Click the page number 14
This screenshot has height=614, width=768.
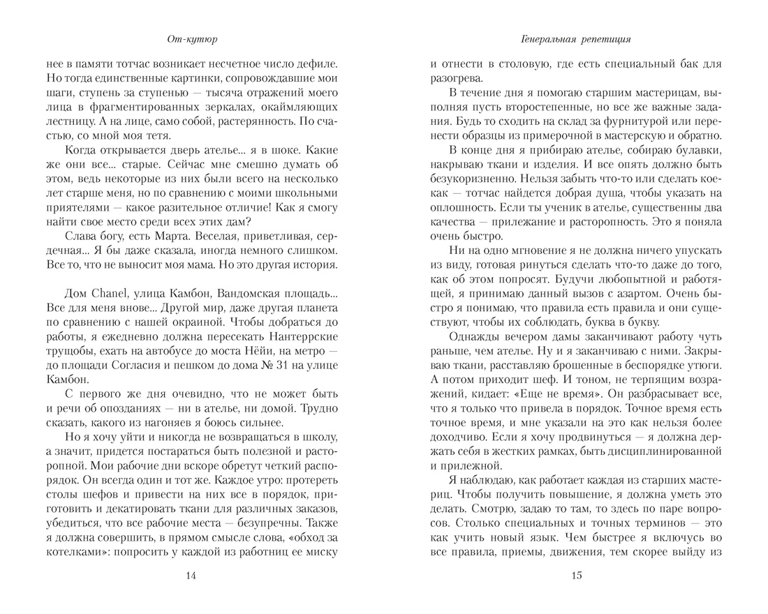[192, 576]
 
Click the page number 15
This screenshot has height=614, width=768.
[576, 576]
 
